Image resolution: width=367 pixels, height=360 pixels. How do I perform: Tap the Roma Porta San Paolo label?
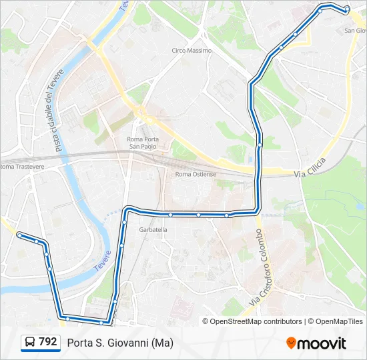click(142, 143)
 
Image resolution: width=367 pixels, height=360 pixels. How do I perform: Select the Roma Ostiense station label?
click(196, 174)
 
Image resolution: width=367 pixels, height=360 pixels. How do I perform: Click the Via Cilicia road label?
click(310, 173)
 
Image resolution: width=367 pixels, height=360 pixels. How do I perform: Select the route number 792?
click(48, 342)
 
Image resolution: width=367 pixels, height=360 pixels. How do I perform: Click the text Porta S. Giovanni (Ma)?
click(120, 343)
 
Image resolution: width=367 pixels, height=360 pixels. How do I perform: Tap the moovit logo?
click(316, 343)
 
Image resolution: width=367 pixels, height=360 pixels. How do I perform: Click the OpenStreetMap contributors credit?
click(252, 321)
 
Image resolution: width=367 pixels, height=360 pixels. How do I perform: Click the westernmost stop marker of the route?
click(19, 235)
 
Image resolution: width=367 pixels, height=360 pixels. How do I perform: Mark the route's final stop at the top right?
click(346, 9)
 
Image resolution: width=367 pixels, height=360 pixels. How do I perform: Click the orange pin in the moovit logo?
click(291, 343)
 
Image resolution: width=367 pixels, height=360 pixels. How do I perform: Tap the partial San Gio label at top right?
click(355, 31)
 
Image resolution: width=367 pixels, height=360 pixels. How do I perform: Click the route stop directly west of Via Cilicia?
click(260, 145)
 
